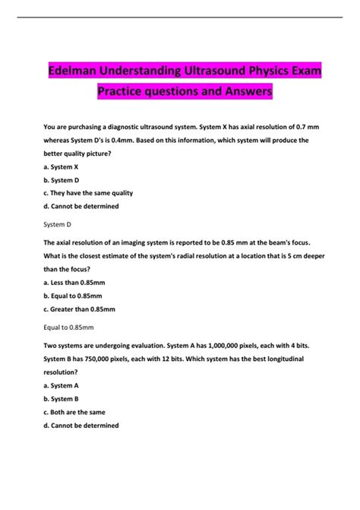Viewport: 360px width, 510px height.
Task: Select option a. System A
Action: (63, 385)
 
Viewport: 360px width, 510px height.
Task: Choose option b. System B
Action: (63, 398)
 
